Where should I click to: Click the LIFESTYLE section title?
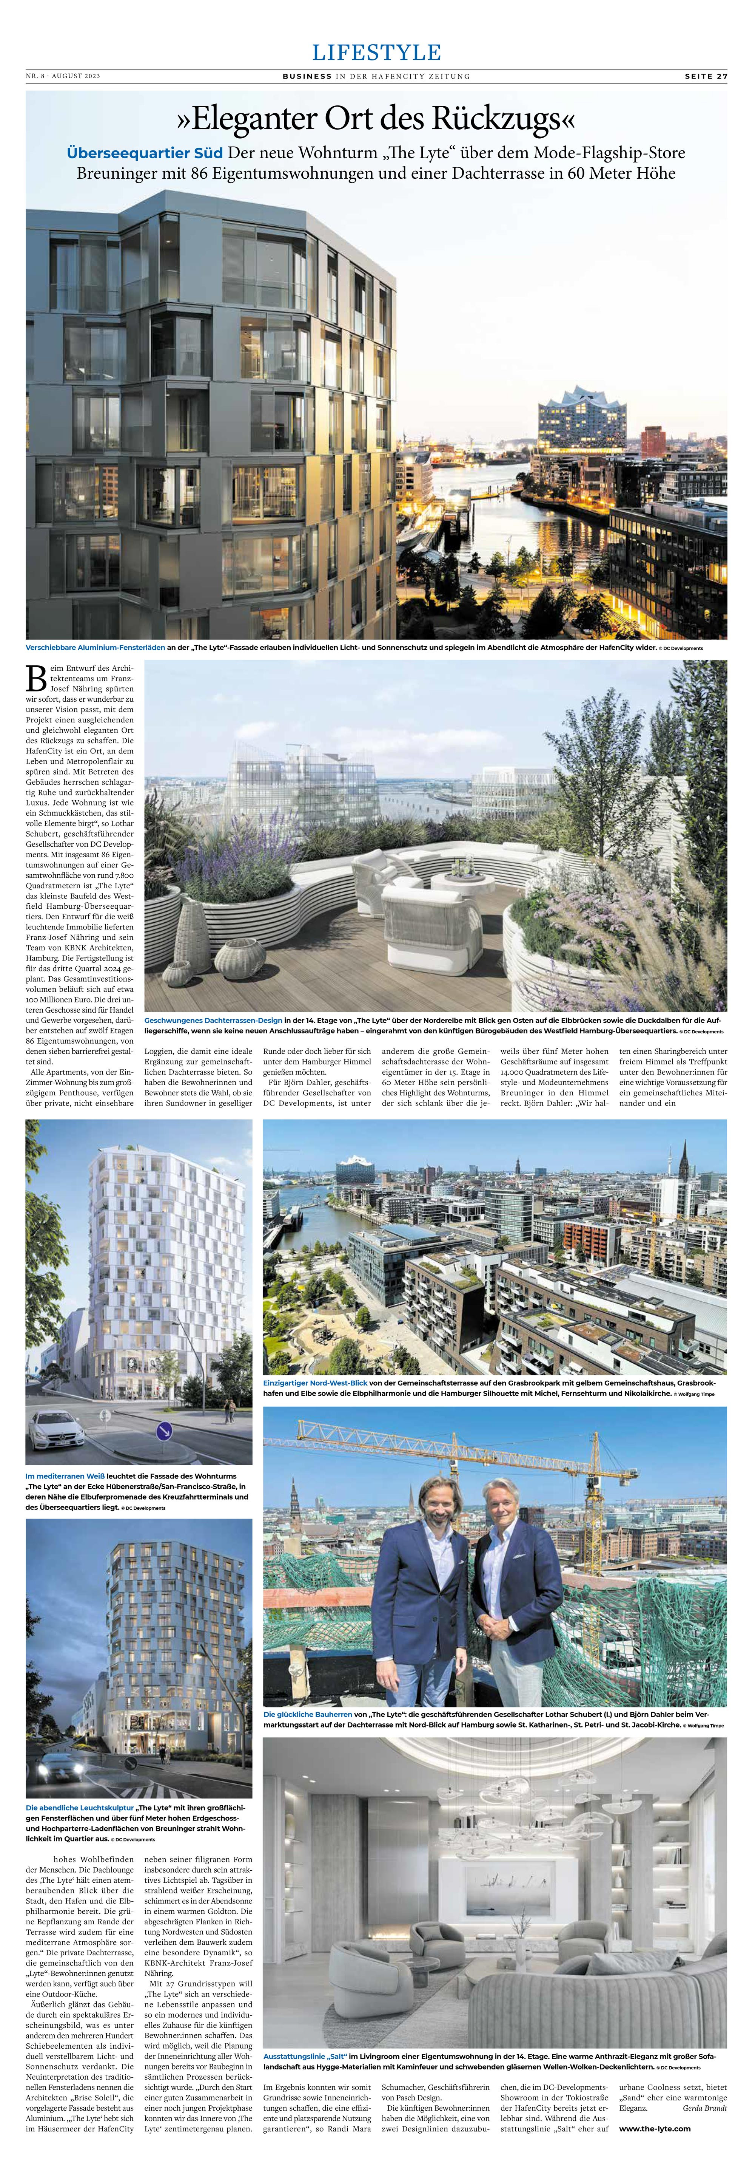(x=377, y=52)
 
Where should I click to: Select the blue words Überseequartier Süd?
(x=144, y=153)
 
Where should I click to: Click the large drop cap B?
(x=36, y=678)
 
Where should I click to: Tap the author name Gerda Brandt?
(x=705, y=2108)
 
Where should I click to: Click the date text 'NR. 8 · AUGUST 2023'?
(x=63, y=76)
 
